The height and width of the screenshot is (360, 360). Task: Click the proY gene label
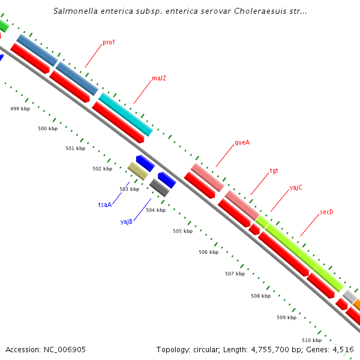[x=109, y=43]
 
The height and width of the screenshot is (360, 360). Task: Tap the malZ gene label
[x=158, y=78]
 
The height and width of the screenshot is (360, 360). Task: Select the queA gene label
[x=242, y=143]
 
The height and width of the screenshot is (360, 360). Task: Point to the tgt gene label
[x=274, y=170]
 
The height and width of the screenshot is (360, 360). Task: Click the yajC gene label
[x=296, y=187]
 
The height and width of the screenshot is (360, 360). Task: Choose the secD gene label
[x=326, y=212]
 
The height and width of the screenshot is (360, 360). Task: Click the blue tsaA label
[x=105, y=205]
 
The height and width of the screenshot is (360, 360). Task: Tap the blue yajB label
[x=126, y=221]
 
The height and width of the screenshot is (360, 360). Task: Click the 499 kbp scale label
[x=20, y=109]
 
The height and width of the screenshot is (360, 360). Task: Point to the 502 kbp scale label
[x=102, y=169]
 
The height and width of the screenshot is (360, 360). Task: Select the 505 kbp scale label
[x=182, y=231]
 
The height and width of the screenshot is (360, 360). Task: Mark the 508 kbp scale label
[x=260, y=296]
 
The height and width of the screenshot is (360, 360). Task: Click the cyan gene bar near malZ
[x=125, y=114]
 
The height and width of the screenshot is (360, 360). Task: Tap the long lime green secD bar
[x=304, y=256]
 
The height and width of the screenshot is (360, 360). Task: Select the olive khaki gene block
[x=137, y=171]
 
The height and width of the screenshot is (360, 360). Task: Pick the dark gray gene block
[x=159, y=188]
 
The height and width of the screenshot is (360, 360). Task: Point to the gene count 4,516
[x=343, y=349]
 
